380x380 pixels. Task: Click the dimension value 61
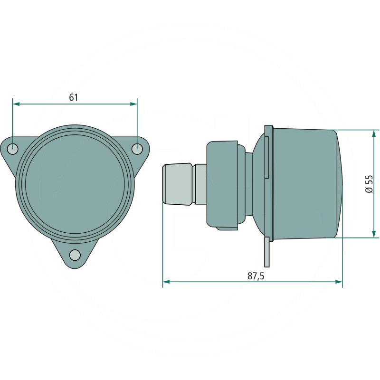73,97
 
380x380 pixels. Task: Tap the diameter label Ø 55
369,183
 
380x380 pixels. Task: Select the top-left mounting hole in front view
13,149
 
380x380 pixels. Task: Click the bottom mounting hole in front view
75,255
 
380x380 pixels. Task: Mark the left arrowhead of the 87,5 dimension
166,282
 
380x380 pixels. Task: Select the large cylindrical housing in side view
304,183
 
